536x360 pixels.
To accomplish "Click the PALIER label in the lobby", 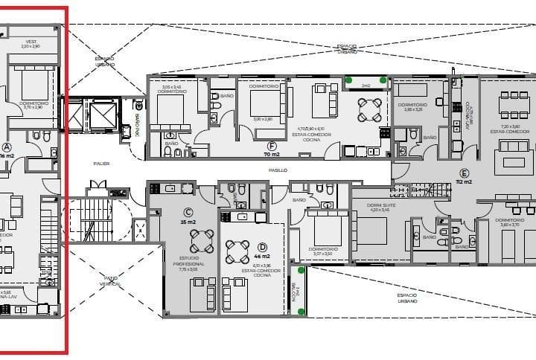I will [101, 163].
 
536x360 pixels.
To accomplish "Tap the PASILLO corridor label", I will [278, 170].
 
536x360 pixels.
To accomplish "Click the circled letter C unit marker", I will [188, 211].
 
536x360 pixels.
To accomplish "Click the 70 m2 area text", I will [272, 155].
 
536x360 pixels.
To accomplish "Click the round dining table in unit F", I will [370, 109].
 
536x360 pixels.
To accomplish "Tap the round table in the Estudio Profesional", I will [201, 240].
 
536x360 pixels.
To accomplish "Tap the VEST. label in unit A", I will [31, 42].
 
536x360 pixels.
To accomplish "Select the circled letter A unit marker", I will [7, 147].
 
